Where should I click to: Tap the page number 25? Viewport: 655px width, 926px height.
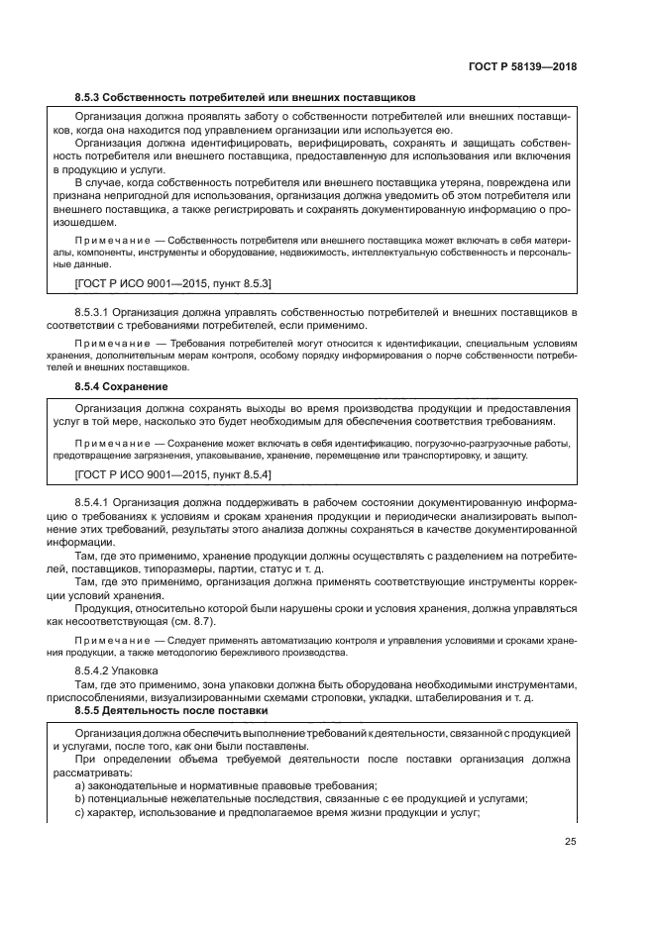571,843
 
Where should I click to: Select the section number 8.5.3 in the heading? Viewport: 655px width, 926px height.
91,97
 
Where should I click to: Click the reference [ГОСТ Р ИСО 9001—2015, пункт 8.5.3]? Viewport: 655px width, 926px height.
173,283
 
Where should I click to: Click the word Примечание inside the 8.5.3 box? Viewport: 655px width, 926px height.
109,241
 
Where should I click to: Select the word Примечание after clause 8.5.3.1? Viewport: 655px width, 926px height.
109,342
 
